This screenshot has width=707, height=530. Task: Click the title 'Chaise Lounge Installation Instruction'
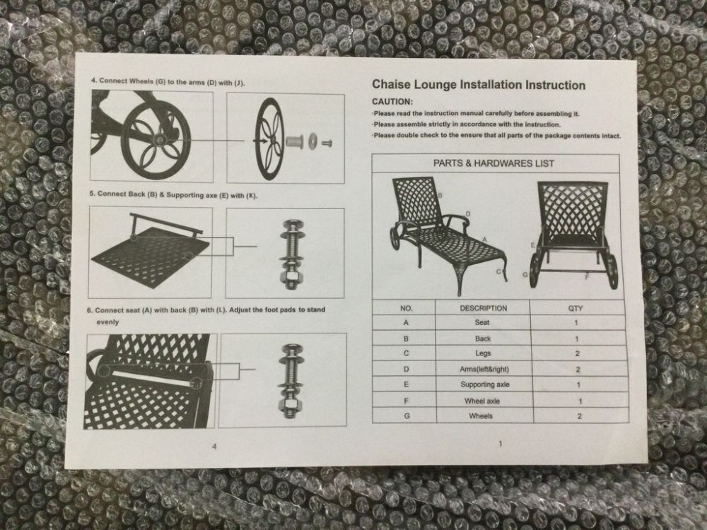tap(479, 85)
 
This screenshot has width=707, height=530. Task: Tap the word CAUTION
tap(392, 102)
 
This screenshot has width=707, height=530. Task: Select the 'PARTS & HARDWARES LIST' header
tap(493, 163)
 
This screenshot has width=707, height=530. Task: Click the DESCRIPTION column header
tap(484, 308)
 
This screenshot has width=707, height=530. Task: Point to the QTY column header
tap(575, 308)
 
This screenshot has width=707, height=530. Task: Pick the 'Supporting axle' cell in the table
tap(485, 384)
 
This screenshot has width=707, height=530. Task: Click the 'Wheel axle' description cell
tap(482, 401)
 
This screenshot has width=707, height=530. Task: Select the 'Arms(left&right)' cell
tap(484, 369)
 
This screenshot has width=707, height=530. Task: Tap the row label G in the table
tap(407, 416)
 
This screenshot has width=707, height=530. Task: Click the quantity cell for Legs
tap(577, 353)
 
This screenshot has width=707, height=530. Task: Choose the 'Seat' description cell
tap(482, 322)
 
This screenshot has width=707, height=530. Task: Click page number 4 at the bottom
tap(214, 446)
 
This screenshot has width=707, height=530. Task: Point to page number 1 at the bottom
tap(500, 444)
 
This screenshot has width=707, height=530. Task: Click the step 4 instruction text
tap(168, 81)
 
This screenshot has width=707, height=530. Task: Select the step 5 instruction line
tap(173, 195)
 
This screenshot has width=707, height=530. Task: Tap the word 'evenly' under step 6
tap(107, 322)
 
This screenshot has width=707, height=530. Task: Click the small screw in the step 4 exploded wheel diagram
tap(328, 143)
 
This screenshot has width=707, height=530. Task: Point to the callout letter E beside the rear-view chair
tap(533, 245)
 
